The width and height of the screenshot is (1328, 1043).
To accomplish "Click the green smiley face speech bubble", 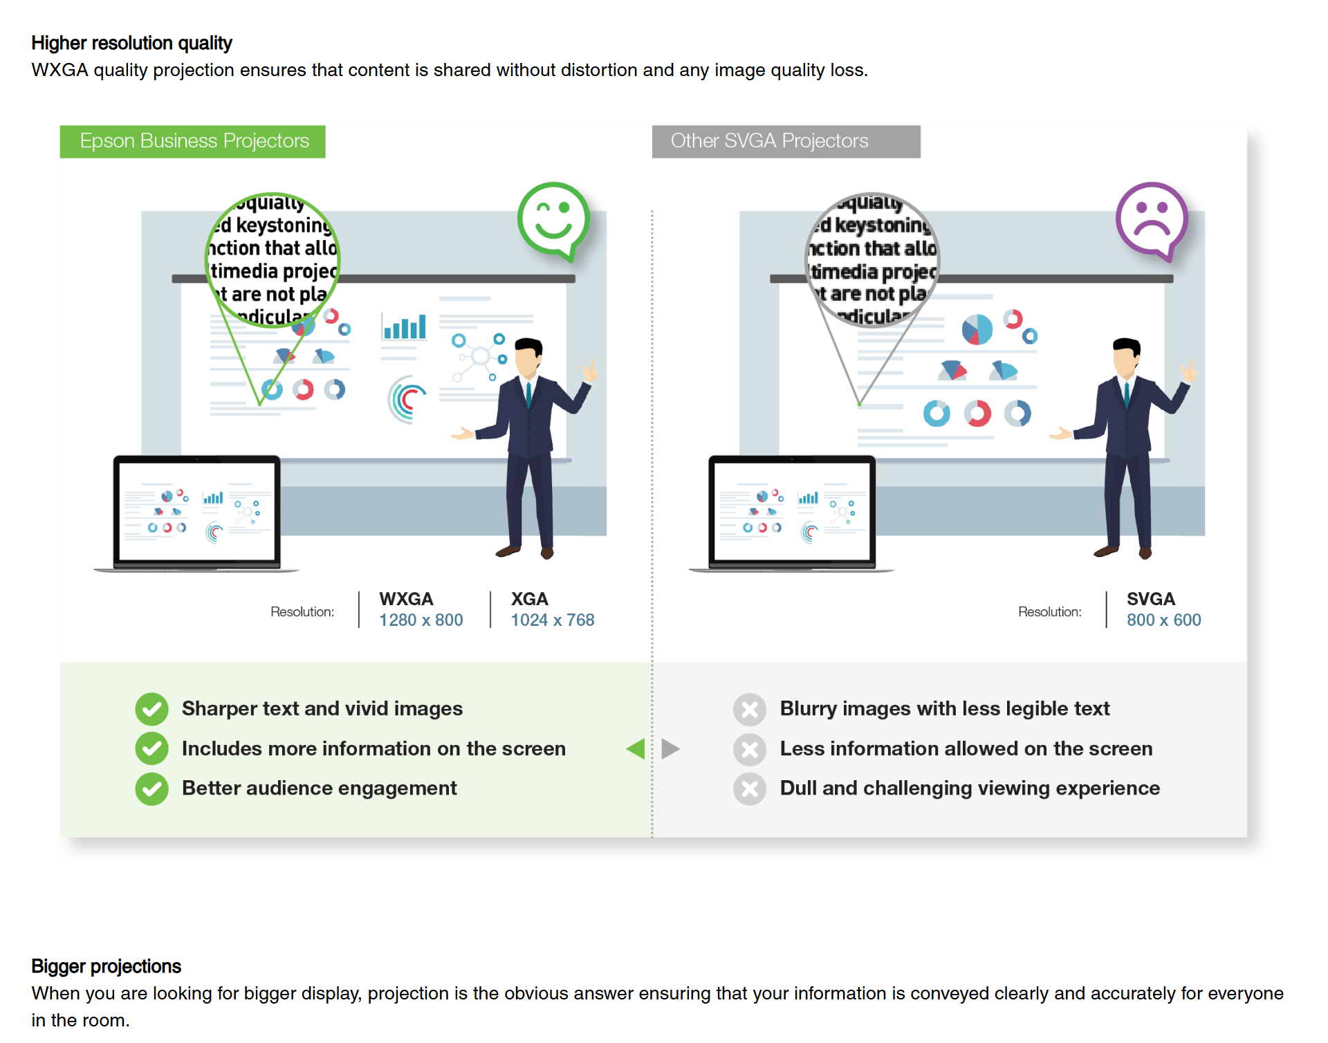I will pos(553,219).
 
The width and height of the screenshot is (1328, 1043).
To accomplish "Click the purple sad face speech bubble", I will pos(1152,219).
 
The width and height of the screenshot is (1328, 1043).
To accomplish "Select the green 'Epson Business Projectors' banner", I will pos(193,141).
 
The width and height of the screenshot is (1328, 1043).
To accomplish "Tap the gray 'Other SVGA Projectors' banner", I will pos(786,141).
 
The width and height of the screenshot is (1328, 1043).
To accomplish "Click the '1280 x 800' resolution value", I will pos(421,620).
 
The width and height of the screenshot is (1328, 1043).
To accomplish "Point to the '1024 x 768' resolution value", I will pos(552,620).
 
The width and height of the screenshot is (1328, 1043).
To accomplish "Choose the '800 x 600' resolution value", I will pos(1163,620).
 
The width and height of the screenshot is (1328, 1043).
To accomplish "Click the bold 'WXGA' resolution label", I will pos(406,599).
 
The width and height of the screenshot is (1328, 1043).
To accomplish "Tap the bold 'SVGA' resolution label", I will pos(1150,599).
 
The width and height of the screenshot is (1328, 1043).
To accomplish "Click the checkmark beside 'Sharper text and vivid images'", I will pos(151,709).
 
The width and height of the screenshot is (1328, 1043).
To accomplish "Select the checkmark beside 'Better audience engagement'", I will pos(151,788).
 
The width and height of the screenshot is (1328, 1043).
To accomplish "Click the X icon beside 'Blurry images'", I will pos(750,709).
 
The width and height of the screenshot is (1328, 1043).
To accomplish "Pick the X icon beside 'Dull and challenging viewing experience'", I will pos(750,788).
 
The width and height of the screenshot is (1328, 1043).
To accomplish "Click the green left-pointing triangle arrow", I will pos(636,748).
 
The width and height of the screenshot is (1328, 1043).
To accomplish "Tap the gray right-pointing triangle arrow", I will pos(670,748).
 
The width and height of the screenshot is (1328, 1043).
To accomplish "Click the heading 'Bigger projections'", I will pos(106,966).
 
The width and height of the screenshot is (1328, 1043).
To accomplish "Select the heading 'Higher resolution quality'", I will pos(131,43).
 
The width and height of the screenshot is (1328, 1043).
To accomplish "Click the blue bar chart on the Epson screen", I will pos(405,326).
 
